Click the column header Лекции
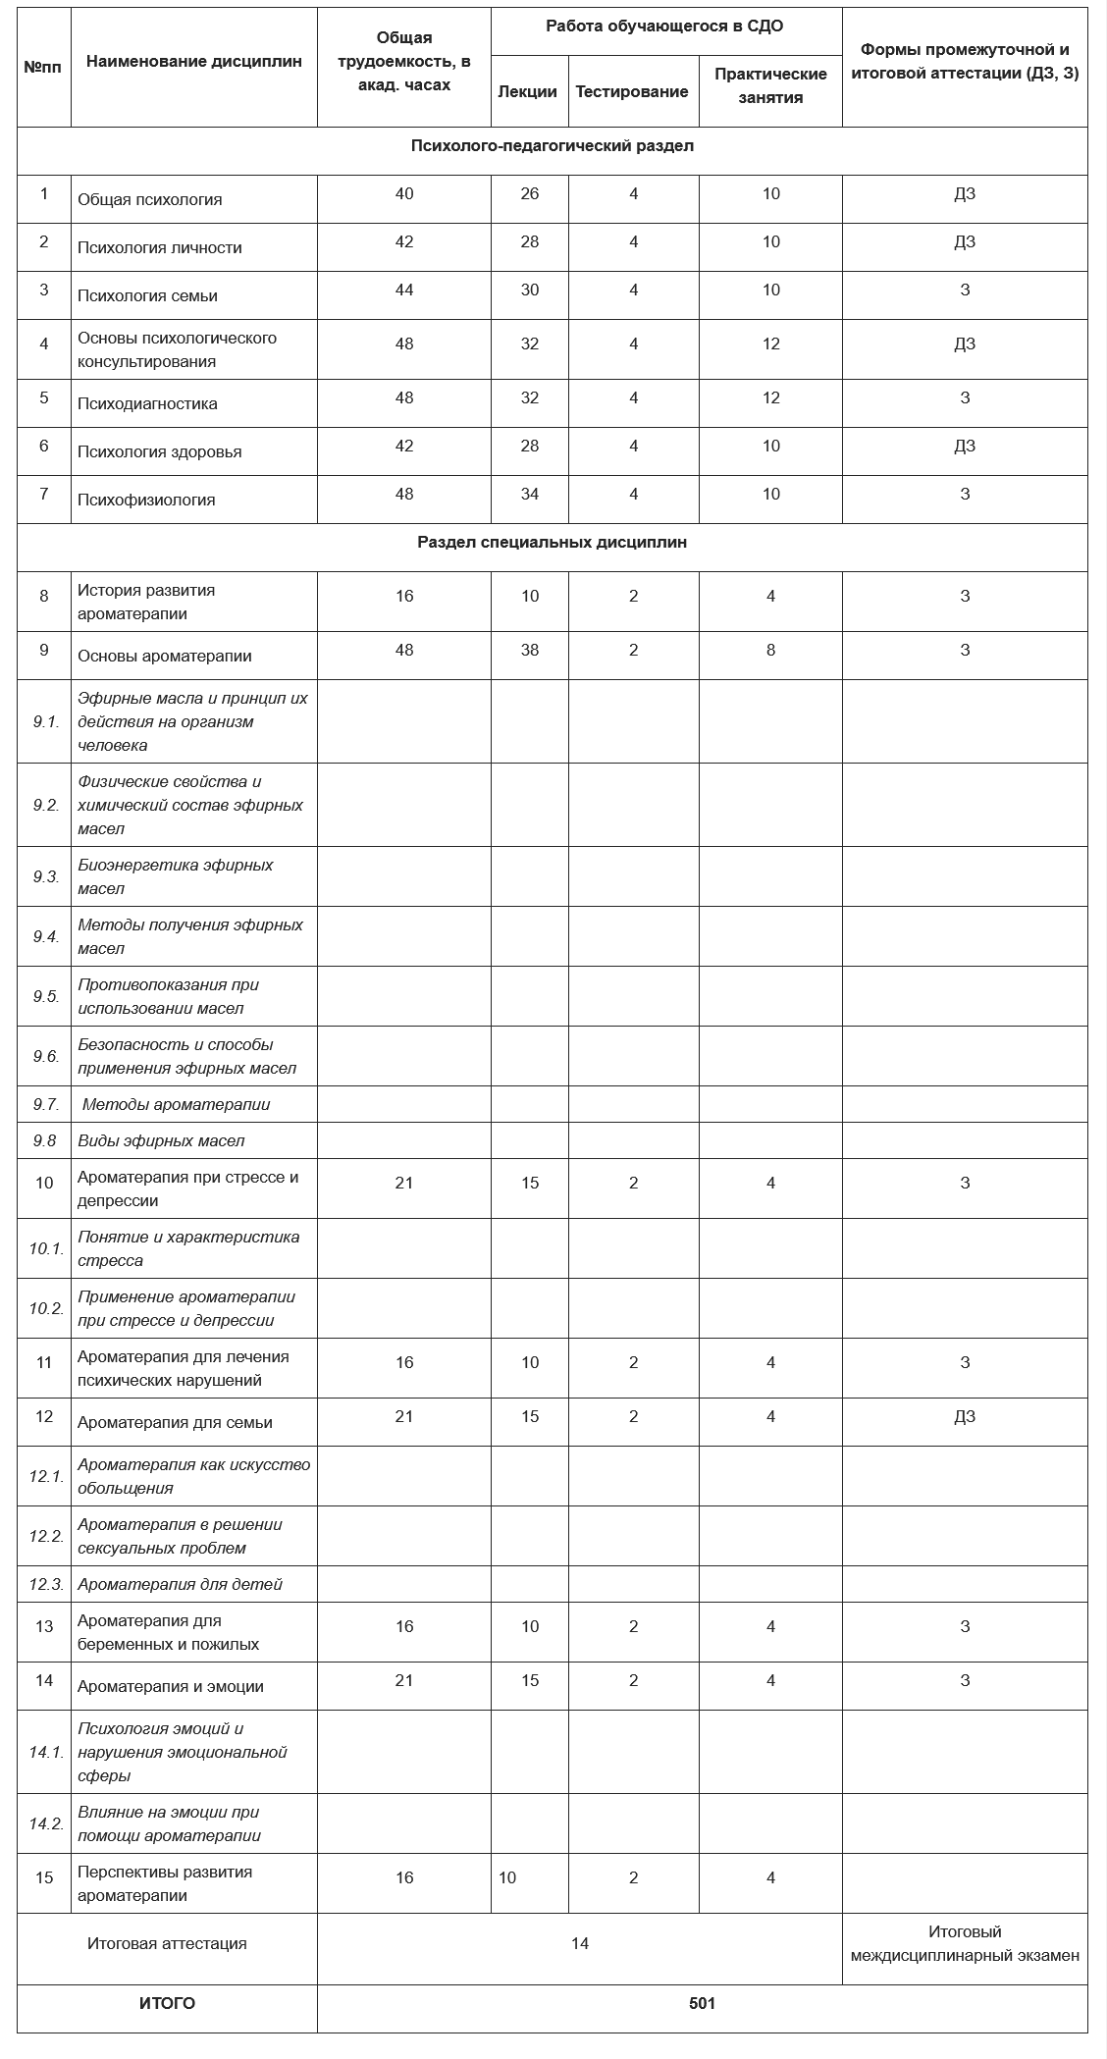[x=528, y=91]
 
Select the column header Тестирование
[x=632, y=91]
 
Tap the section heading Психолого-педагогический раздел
[x=553, y=146]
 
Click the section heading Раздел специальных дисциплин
[x=553, y=542]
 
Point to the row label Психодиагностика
[x=147, y=403]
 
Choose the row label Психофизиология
[x=146, y=500]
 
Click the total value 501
[x=703, y=2003]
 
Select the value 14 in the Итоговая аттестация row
[x=580, y=1943]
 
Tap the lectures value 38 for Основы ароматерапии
[x=530, y=650]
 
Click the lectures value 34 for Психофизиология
[x=530, y=494]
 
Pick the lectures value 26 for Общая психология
[x=530, y=193]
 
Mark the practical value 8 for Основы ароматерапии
[x=771, y=650]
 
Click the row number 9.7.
[x=45, y=1104]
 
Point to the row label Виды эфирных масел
[x=161, y=1140]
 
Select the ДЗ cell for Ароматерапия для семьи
[x=965, y=1416]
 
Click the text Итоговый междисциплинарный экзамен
[x=965, y=1943]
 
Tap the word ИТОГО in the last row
[x=167, y=2003]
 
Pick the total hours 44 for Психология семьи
[x=404, y=290]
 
